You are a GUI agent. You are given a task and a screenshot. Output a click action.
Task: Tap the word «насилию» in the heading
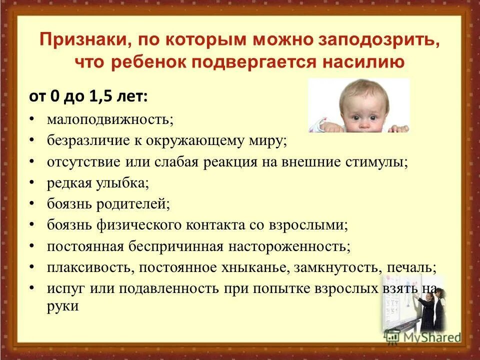[368, 61]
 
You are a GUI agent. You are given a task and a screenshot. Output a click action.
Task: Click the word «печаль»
[411, 267]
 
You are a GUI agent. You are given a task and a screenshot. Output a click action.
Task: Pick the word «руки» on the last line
[63, 305]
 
